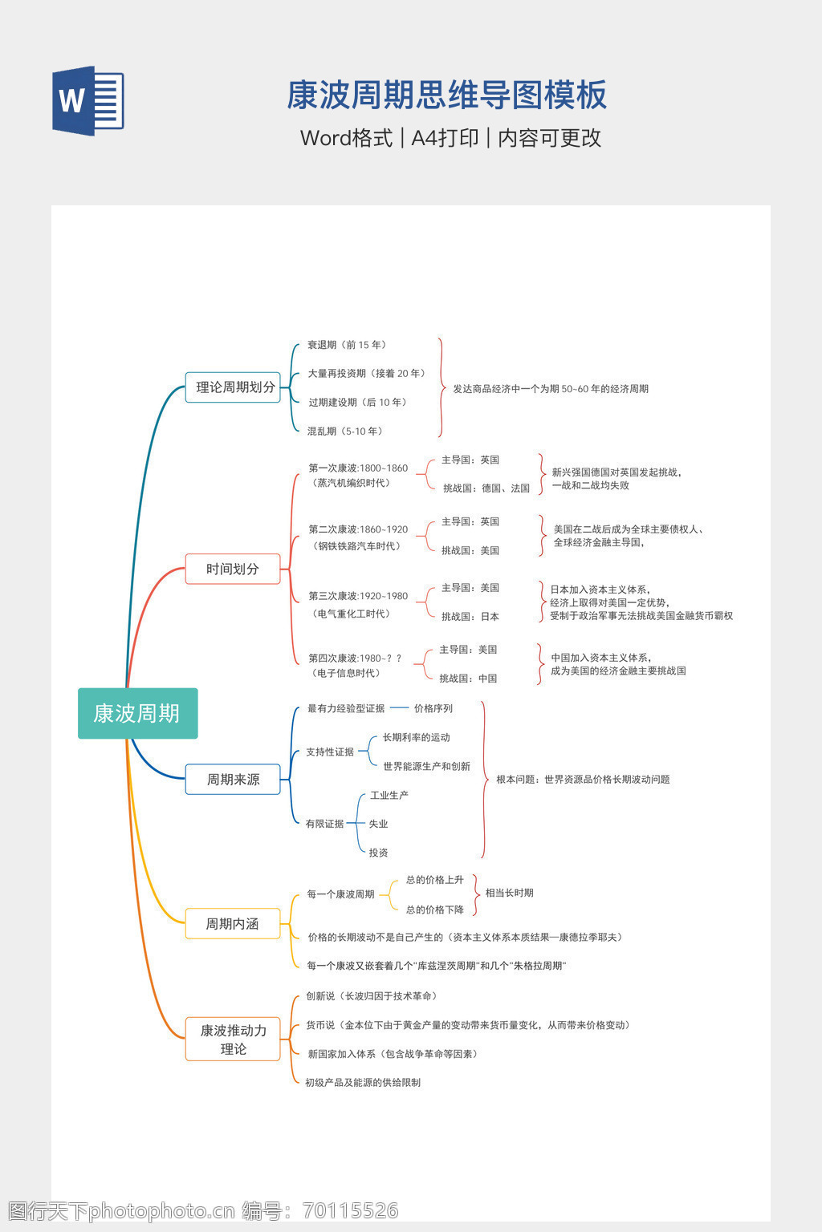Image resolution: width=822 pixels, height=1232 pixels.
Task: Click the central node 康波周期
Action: pos(137,713)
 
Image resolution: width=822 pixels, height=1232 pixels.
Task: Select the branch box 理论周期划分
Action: pos(233,387)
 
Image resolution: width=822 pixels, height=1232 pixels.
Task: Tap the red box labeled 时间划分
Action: pos(233,569)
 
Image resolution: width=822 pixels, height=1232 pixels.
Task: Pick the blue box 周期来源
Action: pos(233,779)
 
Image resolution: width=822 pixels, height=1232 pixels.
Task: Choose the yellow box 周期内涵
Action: pos(233,924)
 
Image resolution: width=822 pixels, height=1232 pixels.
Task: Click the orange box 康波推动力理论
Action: pos(233,1039)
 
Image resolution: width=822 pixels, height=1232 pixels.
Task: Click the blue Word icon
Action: pos(88,101)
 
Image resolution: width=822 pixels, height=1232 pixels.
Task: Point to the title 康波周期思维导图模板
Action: pos(446,95)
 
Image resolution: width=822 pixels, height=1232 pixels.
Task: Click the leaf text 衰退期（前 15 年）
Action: pos(347,345)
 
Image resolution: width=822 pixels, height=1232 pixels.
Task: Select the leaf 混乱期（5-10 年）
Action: pos(345,432)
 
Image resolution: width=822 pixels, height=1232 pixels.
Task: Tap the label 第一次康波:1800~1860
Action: pos(358,468)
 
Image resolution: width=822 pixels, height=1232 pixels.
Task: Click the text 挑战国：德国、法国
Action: pos(486,488)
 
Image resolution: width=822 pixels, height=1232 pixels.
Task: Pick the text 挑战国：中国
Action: pos(468,679)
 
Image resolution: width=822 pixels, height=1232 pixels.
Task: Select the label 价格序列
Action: pos(433,709)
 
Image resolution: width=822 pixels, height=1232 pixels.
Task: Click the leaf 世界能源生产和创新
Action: pos(426,767)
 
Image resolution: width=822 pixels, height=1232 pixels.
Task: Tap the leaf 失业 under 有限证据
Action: pos(378,824)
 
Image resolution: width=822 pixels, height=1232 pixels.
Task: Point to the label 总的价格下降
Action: pos(435,910)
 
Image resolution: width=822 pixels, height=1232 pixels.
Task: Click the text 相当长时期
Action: pos(509,893)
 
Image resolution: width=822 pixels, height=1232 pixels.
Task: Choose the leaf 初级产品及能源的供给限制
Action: pos(363,1083)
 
